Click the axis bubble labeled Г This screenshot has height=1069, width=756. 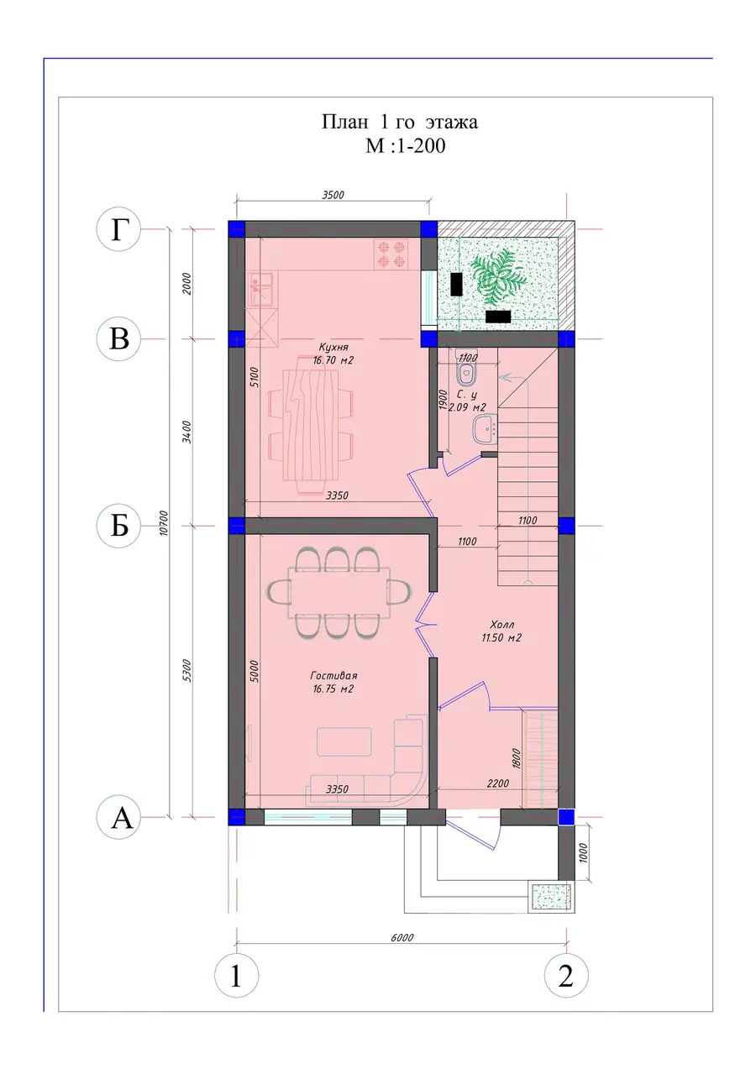(x=118, y=229)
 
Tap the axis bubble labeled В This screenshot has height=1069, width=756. (x=118, y=338)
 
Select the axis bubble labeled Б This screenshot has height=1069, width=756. (x=118, y=526)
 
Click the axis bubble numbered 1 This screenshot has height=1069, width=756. (x=236, y=975)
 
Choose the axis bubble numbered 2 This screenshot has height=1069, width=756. (x=566, y=975)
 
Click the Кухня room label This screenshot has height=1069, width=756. (x=333, y=354)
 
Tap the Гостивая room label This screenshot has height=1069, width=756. (x=333, y=682)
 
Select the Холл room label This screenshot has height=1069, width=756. (x=501, y=631)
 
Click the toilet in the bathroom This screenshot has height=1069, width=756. (x=466, y=373)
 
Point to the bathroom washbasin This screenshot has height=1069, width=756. (x=485, y=428)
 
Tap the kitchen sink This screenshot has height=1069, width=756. (x=260, y=289)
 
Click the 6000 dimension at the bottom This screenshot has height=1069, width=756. (x=402, y=937)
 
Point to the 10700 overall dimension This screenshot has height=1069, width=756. (x=164, y=523)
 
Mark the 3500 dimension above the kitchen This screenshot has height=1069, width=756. (x=333, y=195)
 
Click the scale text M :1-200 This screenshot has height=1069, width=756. (x=405, y=145)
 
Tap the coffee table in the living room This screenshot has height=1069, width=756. (x=344, y=741)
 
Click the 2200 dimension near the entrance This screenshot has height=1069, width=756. (x=498, y=783)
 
